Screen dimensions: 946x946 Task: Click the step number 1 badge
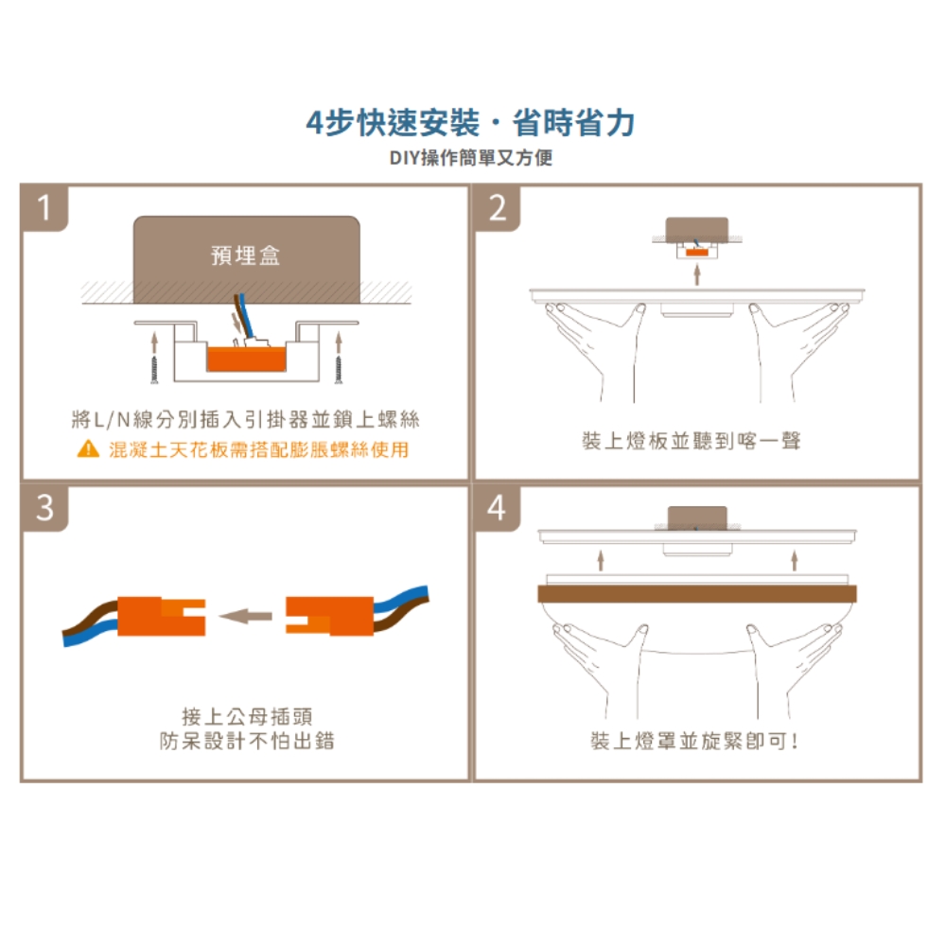coord(44,208)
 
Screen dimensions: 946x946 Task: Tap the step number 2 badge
coord(498,208)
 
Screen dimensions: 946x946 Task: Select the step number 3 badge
coord(44,508)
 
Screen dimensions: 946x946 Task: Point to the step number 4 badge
coord(498,508)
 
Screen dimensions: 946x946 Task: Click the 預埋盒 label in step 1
coord(246,255)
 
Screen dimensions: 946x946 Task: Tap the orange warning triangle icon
coord(88,448)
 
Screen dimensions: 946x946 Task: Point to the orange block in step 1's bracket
coord(246,359)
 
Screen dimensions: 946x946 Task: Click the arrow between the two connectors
coord(246,616)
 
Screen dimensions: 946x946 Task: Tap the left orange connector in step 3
coord(161,616)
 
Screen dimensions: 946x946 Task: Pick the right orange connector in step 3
coord(329,616)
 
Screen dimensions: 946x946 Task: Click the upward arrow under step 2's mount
coord(697,274)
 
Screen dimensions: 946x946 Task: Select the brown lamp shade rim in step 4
coord(697,594)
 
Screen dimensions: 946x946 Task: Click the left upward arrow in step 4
coord(601,560)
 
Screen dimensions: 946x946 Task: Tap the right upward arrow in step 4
coord(795,560)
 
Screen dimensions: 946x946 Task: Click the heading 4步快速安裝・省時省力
coord(470,123)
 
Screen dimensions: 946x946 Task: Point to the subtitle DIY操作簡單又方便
coord(470,158)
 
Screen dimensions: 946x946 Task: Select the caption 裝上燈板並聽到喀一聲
coord(692,441)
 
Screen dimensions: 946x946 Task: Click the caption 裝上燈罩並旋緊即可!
coord(694,741)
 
